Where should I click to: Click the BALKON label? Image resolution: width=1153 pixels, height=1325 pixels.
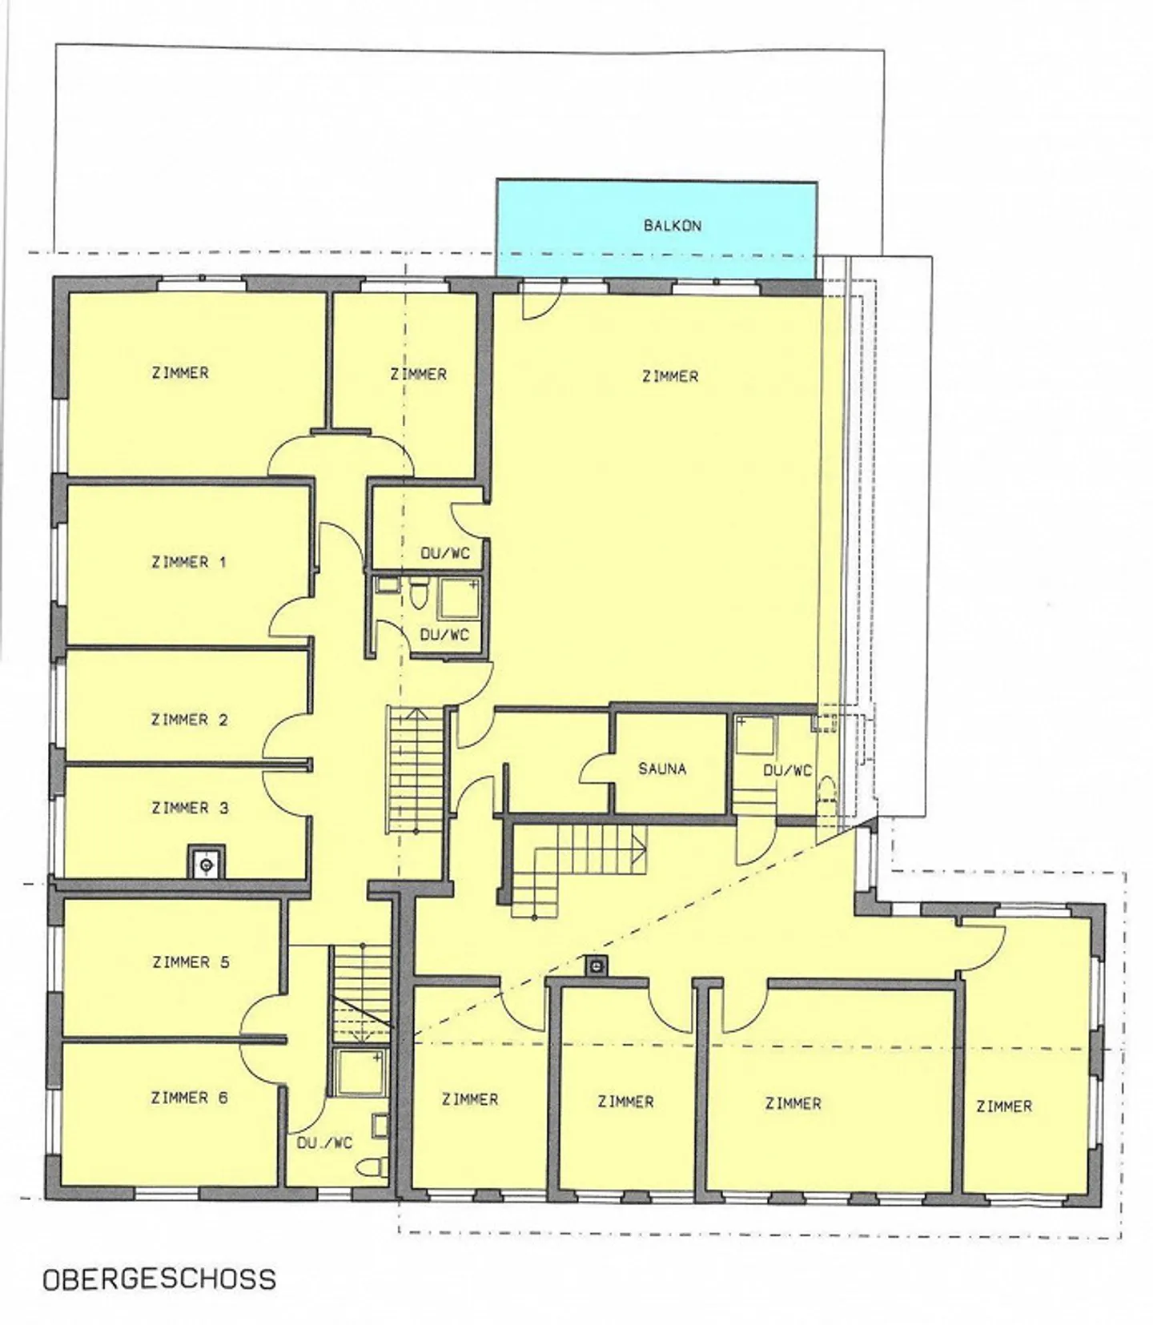pyautogui.click(x=673, y=226)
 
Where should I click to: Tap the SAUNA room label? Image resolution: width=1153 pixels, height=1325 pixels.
pyautogui.click(x=662, y=769)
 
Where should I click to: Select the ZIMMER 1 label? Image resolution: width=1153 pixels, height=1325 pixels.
pyautogui.click(x=189, y=562)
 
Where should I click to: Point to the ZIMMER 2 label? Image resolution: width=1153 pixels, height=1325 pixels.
pyautogui.click(x=190, y=720)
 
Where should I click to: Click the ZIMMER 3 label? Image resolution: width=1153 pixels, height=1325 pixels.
pyautogui.click(x=190, y=808)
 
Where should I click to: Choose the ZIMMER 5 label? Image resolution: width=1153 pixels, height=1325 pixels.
pyautogui.click(x=191, y=962)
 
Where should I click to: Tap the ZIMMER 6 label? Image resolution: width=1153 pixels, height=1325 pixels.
pyautogui.click(x=190, y=1098)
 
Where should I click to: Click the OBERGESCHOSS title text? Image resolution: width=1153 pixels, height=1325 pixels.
pyautogui.click(x=159, y=1279)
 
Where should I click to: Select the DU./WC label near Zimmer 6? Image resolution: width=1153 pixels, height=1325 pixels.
pyautogui.click(x=324, y=1143)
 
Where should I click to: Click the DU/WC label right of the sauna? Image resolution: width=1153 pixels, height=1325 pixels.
pyautogui.click(x=787, y=771)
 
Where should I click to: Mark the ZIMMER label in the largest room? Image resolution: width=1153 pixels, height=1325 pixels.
pyautogui.click(x=670, y=375)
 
